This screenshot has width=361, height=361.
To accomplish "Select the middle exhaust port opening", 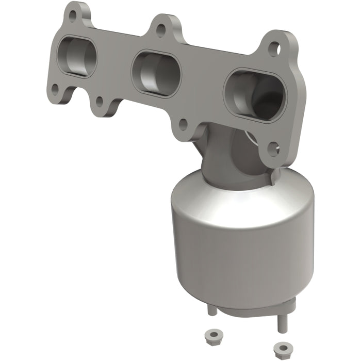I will point(156,73).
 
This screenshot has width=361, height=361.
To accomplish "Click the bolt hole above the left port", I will point(73,14).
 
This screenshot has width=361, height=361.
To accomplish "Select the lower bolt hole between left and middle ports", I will point(99,102).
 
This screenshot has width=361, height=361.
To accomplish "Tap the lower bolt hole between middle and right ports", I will point(183,124).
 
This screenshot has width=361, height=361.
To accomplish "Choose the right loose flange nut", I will point(282,346).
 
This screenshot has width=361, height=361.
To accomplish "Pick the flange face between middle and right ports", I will point(204,88).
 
